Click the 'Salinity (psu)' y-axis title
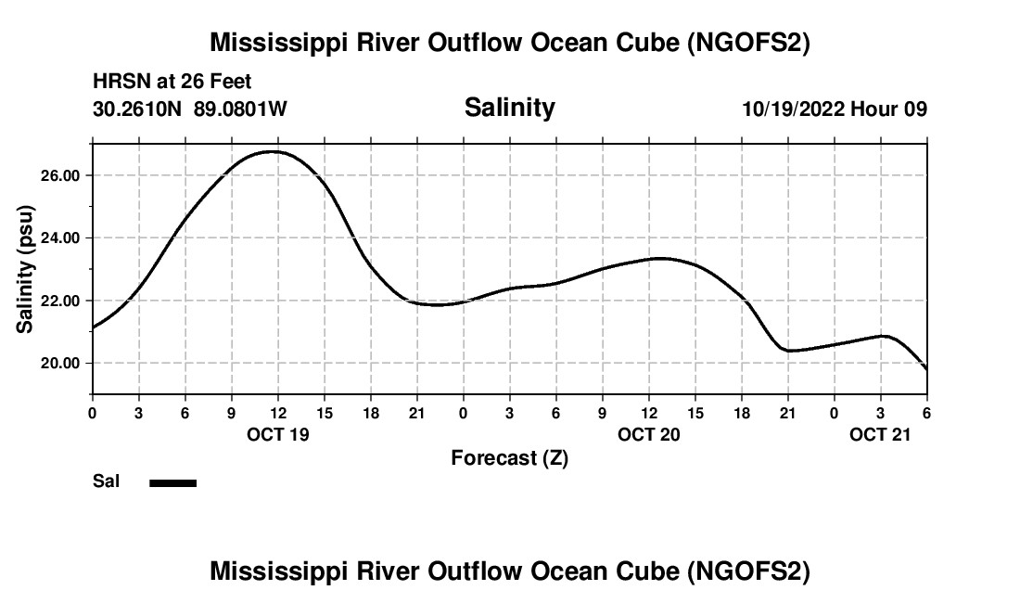(x=26, y=269)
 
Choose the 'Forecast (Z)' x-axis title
(x=509, y=457)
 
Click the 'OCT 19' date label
(x=278, y=434)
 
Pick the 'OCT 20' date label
(x=649, y=434)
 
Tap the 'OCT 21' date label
(x=881, y=434)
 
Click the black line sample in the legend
(x=173, y=482)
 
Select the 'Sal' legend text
(x=106, y=481)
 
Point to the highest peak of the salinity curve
(x=273, y=151)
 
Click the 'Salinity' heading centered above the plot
(x=509, y=108)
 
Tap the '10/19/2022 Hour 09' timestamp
(x=835, y=109)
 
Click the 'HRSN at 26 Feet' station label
(x=172, y=83)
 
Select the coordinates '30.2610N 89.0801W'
(x=190, y=109)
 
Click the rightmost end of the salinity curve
(x=926, y=369)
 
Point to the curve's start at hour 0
(x=94, y=327)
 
